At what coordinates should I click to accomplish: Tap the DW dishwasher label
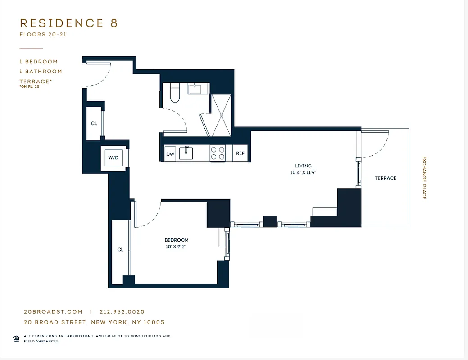point(170,154)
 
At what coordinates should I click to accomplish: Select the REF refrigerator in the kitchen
point(240,153)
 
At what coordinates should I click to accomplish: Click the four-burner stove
point(218,153)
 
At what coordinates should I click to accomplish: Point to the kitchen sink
point(186,153)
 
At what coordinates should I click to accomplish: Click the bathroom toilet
point(175,94)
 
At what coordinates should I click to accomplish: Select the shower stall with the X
point(221,115)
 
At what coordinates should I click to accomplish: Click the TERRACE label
point(386,178)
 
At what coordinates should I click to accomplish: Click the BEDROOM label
point(176,240)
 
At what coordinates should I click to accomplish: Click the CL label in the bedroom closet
point(120,250)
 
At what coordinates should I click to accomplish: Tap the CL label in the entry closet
point(94,123)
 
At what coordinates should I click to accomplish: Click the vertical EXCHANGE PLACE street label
point(424,178)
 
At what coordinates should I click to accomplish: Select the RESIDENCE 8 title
point(69,23)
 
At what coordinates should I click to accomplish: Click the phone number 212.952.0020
point(122,312)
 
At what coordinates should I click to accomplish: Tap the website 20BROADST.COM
point(53,312)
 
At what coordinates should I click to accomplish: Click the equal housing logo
point(16,338)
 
